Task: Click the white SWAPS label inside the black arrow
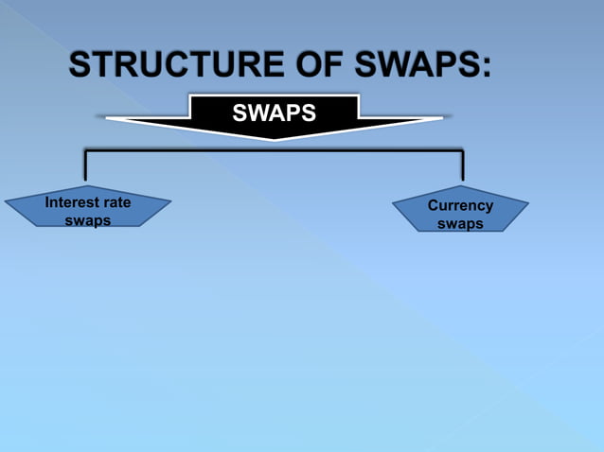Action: (274, 113)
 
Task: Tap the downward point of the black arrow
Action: (275, 138)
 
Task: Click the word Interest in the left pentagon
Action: (73, 202)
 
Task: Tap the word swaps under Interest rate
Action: (87, 220)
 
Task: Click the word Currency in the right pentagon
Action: (460, 205)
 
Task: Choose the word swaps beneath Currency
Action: (460, 224)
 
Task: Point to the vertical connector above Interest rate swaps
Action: (86, 165)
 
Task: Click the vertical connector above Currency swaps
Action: (462, 165)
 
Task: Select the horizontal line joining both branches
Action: (275, 149)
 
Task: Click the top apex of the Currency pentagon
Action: (462, 186)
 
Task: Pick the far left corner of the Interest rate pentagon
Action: (6, 200)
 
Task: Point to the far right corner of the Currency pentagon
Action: (527, 203)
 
